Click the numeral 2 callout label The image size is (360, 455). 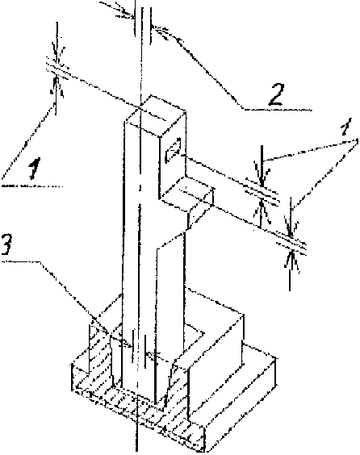[276, 94]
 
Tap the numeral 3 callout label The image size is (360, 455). [6, 244]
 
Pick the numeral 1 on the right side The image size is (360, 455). [346, 127]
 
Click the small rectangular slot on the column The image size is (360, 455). [173, 150]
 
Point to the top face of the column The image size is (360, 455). [155, 115]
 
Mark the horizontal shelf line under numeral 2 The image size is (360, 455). [277, 110]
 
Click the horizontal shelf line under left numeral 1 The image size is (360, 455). [32, 186]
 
